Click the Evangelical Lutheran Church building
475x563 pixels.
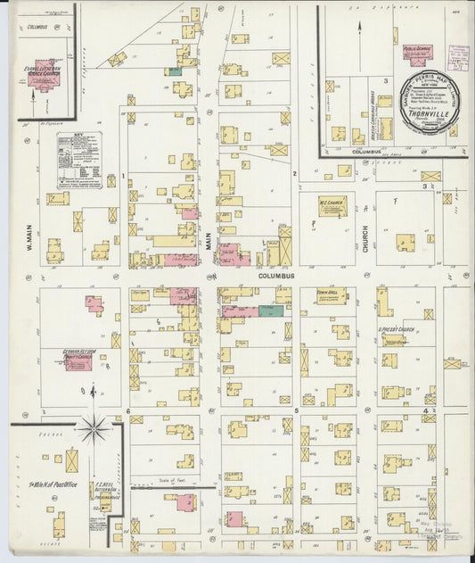pyautogui.click(x=43, y=79)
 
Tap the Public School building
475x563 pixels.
pyautogui.click(x=414, y=54)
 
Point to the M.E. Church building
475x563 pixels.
pyautogui.click(x=332, y=206)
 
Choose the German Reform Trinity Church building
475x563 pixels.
pyautogui.click(x=78, y=361)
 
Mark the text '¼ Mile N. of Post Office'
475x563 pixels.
pyautogui.click(x=55, y=484)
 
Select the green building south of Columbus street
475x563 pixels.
pyautogui.click(x=271, y=310)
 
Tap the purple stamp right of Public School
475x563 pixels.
pyautogui.click(x=459, y=59)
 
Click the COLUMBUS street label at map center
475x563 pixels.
pyautogui.click(x=276, y=276)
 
